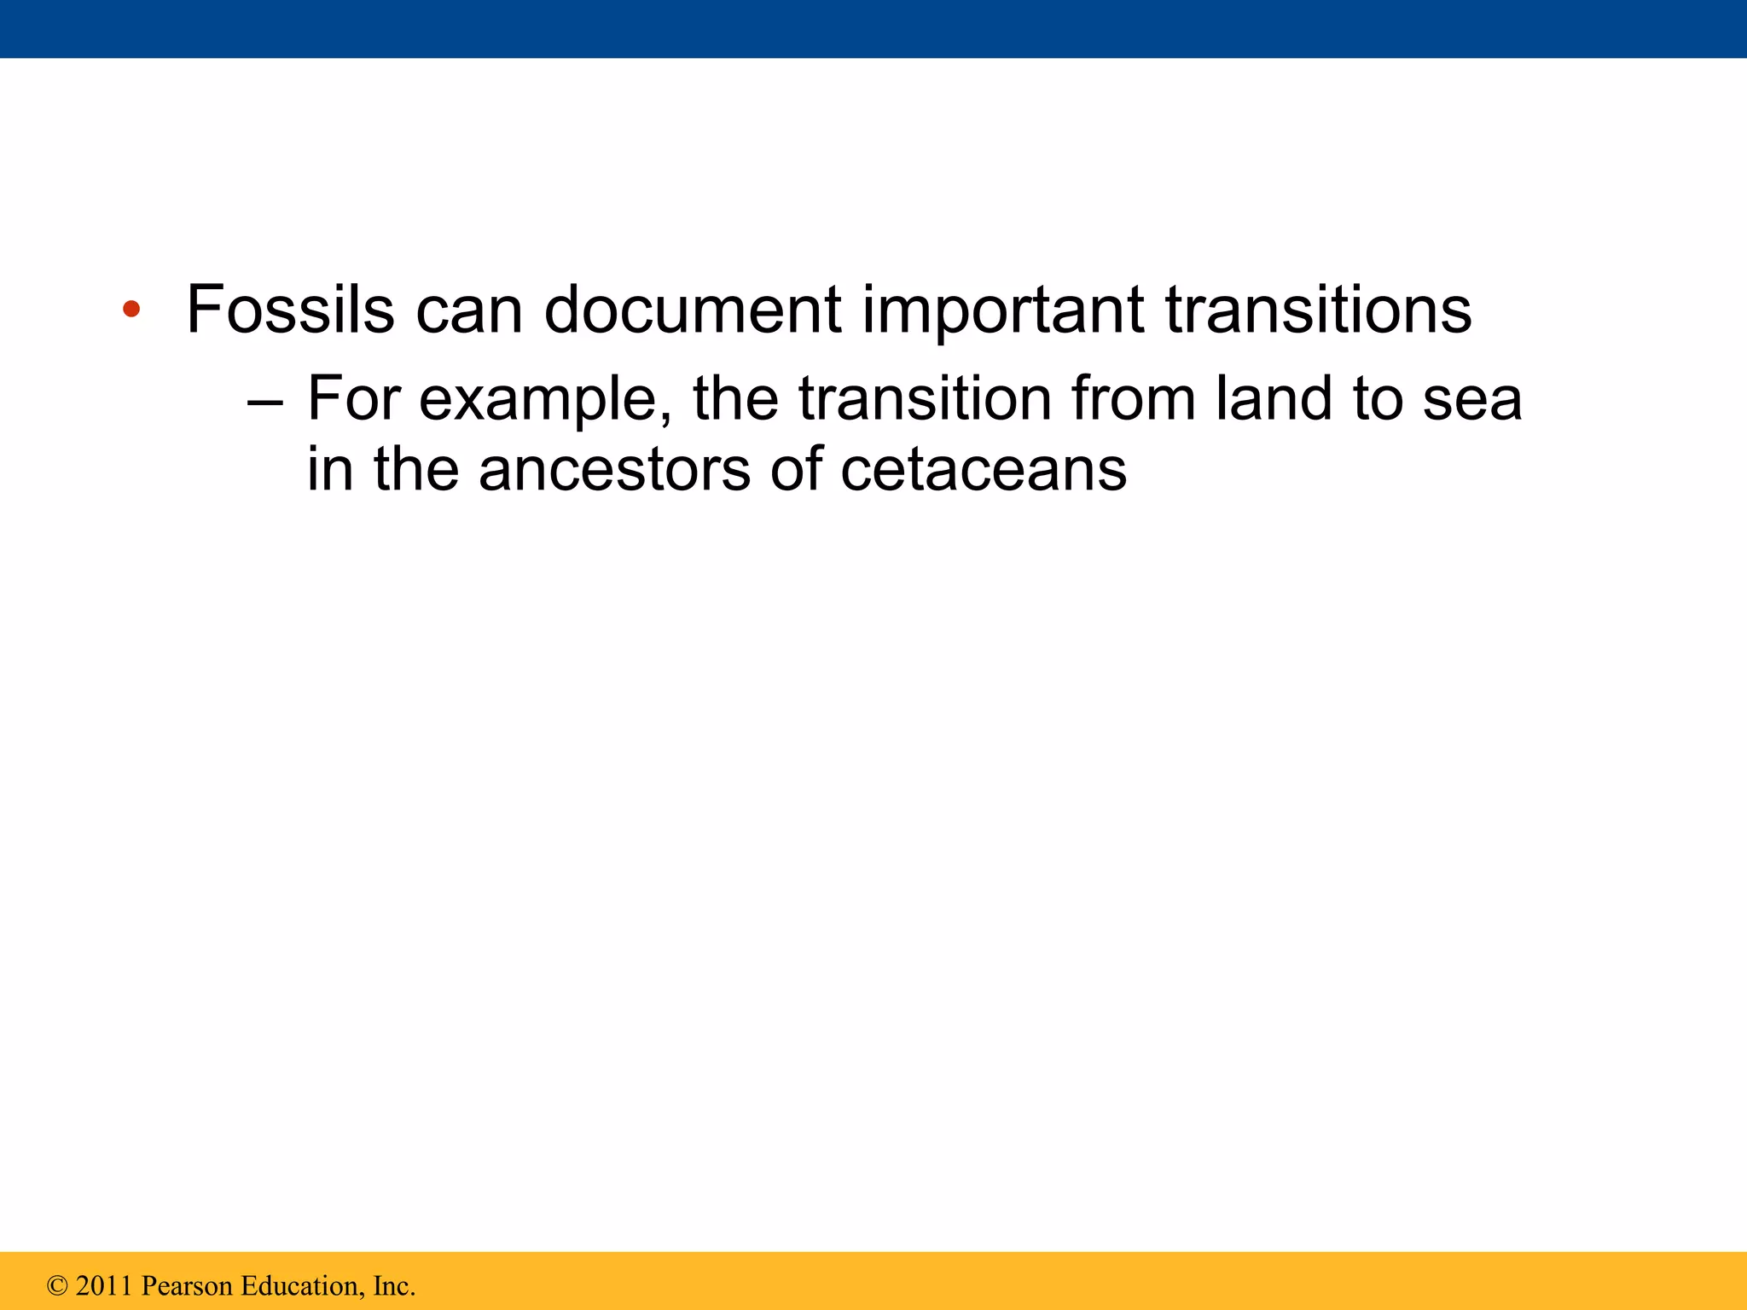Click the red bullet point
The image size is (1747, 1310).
point(131,309)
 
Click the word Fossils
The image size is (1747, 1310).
point(290,309)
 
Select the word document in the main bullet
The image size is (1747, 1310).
point(693,309)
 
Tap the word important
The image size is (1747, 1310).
point(1003,309)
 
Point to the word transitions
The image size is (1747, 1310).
point(1318,309)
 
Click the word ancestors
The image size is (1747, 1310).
point(614,471)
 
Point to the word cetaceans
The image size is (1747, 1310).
point(984,471)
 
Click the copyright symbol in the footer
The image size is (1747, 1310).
point(57,1286)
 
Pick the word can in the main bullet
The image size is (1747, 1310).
point(468,309)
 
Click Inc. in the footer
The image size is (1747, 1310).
point(393,1286)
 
